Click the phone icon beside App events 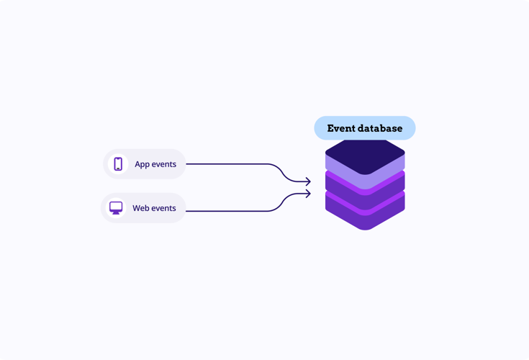(x=118, y=164)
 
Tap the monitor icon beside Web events (x=116, y=208)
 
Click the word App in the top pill (x=142, y=164)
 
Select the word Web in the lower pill (x=141, y=208)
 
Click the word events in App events (x=164, y=164)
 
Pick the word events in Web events (x=164, y=208)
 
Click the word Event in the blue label (x=341, y=128)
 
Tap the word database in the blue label (x=380, y=128)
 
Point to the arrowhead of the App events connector (x=308, y=181)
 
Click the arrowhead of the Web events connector (x=308, y=194)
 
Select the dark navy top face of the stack (x=365, y=156)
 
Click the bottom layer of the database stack (x=365, y=212)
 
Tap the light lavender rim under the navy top (x=365, y=173)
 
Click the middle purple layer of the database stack (x=365, y=192)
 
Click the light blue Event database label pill (x=365, y=128)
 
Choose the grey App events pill (x=145, y=164)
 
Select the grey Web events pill (x=143, y=208)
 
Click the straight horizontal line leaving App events (x=227, y=164)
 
